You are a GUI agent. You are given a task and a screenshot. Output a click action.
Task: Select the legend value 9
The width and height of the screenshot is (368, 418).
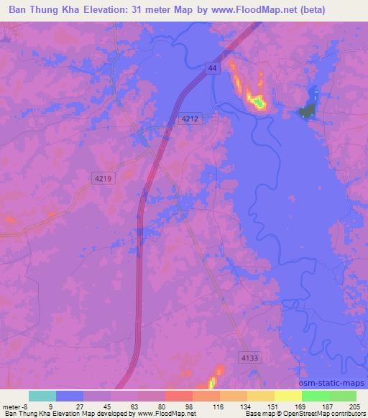tap(50, 406)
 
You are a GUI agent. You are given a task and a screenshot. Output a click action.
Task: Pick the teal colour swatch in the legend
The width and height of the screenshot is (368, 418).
tap(42, 396)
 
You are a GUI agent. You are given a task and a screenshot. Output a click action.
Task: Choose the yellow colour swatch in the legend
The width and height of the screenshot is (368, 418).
tap(288, 396)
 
